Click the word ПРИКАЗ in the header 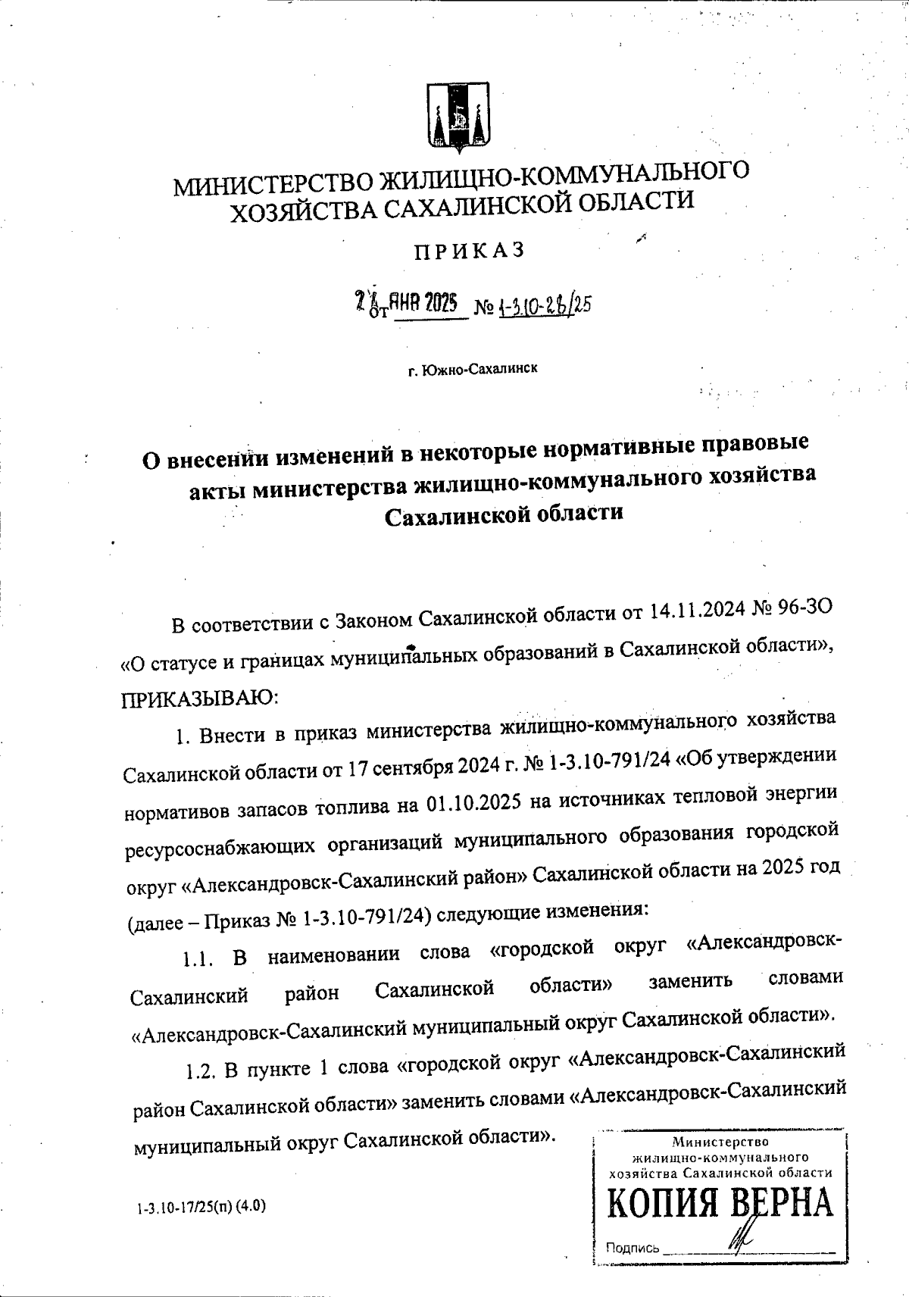coord(468,251)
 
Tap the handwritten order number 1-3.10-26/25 coord(543,306)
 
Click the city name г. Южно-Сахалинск coord(473,370)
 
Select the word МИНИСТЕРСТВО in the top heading coord(272,183)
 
